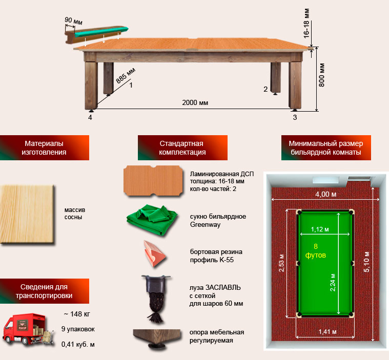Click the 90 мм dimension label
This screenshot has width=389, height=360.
click(73, 21)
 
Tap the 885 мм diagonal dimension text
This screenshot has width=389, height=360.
click(126, 75)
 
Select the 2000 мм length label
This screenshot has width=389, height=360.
click(195, 102)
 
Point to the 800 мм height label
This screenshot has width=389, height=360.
click(321, 75)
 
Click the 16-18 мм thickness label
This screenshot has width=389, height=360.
click(306, 24)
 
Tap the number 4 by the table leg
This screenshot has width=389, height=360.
click(90, 117)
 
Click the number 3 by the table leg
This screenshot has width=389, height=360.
click(295, 117)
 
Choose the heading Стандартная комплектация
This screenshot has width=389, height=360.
click(182, 148)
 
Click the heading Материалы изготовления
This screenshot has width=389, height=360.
click(44, 148)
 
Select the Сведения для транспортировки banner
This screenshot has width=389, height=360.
click(44, 291)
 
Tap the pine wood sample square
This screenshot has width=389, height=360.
click(27, 215)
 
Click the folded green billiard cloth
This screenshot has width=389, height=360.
click(152, 220)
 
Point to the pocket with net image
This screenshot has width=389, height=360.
click(156, 299)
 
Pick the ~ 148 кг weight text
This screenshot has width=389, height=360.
click(77, 314)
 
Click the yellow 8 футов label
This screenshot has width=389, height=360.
click(316, 250)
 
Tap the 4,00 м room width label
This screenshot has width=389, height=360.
click(326, 194)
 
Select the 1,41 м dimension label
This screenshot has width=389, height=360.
click(327, 331)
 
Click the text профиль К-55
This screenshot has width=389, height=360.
click(212, 260)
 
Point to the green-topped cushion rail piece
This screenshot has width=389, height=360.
click(97, 34)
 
